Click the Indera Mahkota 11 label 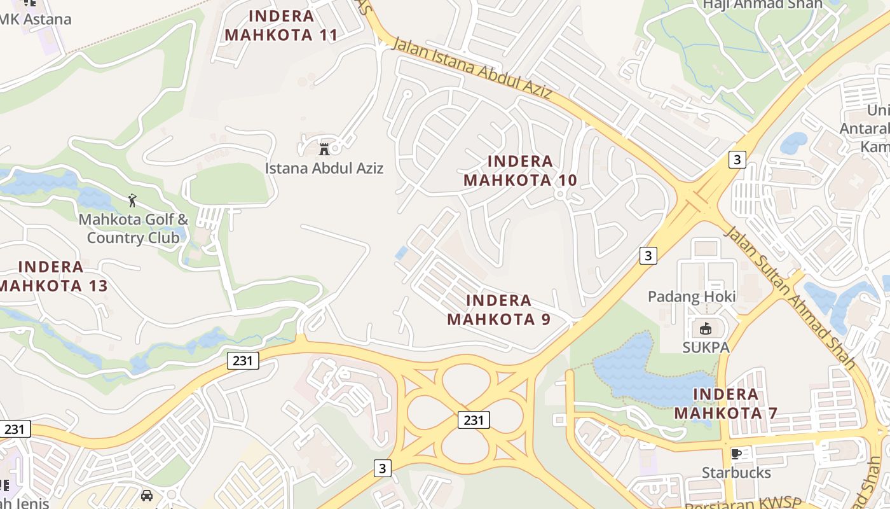point(281,25)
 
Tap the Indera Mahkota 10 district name point(520,171)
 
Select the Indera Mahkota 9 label point(499,309)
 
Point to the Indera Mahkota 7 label point(725,403)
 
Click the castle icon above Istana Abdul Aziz point(324,150)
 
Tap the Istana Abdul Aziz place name point(324,169)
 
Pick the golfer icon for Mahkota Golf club point(132,201)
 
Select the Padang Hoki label point(692,296)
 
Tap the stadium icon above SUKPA point(705,329)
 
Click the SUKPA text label point(706,347)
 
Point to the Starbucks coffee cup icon point(736,454)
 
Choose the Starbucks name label point(736,473)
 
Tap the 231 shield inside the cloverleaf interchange point(474,420)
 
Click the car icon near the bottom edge point(147,495)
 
